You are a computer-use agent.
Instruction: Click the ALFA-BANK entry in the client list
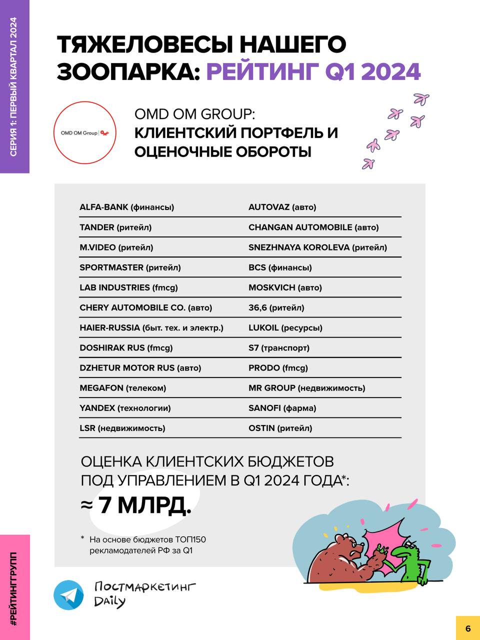[126, 207]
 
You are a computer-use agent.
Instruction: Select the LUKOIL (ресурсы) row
[285, 328]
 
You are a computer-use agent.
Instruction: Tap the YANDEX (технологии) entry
[125, 408]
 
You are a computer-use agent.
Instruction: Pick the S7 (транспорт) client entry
[278, 348]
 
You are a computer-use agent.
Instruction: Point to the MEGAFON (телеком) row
[122, 388]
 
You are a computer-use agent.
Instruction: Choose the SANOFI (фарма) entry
[282, 408]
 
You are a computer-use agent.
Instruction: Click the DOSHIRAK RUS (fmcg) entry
[126, 348]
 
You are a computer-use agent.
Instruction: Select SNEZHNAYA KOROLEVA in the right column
[317, 247]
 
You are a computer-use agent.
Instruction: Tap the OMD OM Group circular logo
[84, 132]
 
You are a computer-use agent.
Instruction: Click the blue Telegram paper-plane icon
[69, 595]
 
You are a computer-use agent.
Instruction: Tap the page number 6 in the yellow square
[467, 628]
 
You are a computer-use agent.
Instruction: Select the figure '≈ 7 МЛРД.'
[136, 505]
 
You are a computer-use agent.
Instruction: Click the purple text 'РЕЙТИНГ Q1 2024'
[313, 71]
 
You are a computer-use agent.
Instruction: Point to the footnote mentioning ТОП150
[147, 545]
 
